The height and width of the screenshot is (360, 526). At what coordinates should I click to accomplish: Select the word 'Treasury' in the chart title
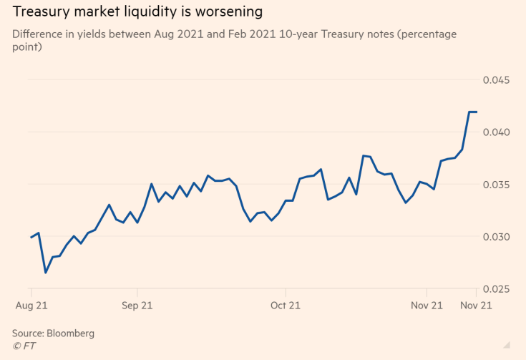[x=42, y=12]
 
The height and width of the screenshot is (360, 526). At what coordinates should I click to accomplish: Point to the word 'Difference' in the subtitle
[x=39, y=34]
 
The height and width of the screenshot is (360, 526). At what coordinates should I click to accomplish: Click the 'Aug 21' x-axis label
[x=31, y=306]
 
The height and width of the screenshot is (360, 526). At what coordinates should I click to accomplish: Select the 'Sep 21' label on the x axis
[x=137, y=306]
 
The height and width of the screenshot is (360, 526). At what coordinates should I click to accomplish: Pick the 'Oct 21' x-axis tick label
[x=286, y=306]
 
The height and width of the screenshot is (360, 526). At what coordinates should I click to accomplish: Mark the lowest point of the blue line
[x=45, y=273]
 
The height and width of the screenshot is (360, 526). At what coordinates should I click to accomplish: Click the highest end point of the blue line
[x=477, y=112]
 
